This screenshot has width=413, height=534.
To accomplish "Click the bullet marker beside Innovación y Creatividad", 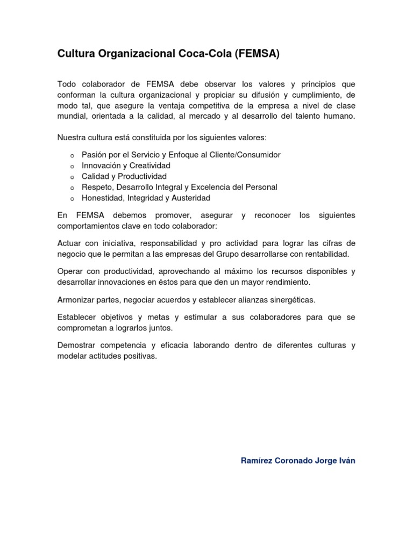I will point(72,166).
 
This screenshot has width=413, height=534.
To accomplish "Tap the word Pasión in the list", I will point(94,155).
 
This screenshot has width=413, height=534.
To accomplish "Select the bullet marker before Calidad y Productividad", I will point(72,177).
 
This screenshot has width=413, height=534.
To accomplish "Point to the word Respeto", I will point(96,187).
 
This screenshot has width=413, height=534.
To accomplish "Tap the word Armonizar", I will point(76,299).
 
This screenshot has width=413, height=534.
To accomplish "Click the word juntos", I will point(168,328).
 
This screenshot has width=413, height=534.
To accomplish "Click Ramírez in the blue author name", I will point(257,460).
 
